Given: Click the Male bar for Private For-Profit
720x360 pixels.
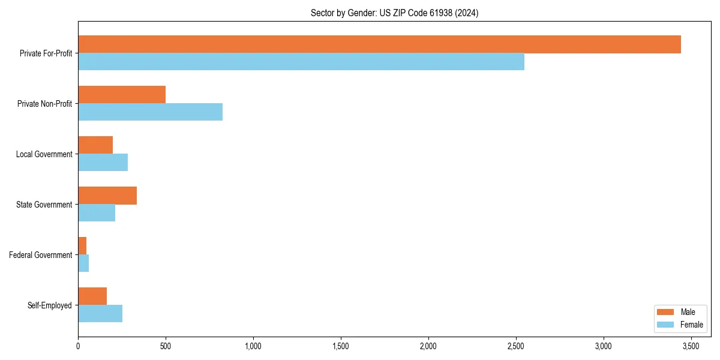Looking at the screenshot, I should click(379, 44).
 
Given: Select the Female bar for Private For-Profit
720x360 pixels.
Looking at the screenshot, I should click(301, 62).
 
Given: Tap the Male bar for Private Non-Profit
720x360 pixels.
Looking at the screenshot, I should click(122, 95).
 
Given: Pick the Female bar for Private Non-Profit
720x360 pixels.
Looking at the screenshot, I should click(150, 112).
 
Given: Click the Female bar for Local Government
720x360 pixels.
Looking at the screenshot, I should click(103, 163).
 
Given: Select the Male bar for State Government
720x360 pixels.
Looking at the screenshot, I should click(107, 196).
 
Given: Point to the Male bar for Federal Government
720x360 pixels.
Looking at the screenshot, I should click(82, 246).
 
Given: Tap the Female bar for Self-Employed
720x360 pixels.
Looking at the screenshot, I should click(100, 314).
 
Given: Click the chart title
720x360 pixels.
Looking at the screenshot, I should click(394, 13).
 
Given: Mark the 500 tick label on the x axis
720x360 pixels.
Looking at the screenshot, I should click(166, 346).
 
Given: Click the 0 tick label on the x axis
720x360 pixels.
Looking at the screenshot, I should click(78, 346).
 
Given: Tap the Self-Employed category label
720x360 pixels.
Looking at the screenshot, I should click(50, 305).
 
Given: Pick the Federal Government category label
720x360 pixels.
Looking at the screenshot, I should click(41, 255).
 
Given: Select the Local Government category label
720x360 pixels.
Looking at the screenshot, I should click(44, 154).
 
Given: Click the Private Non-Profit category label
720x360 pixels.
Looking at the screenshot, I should click(45, 104).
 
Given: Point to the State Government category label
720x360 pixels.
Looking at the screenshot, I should click(44, 205).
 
